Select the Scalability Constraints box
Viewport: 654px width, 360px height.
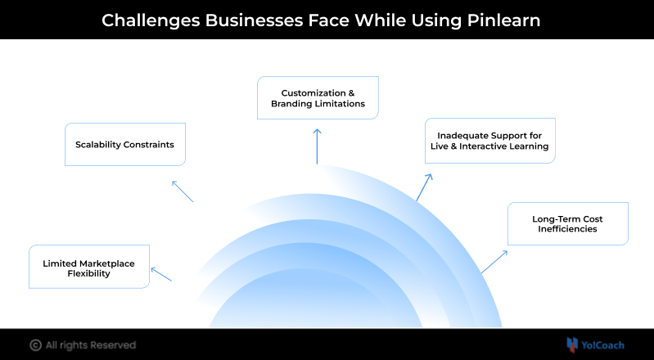coord(125,145)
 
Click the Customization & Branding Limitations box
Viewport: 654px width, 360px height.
coord(318,98)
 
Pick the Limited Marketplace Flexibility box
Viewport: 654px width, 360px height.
coord(89,267)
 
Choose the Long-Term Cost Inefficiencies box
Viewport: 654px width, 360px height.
coord(568,223)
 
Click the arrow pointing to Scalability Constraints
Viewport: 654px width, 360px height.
coord(182,191)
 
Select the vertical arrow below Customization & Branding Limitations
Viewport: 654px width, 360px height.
coord(317,146)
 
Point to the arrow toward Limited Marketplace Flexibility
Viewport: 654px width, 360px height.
coord(161,274)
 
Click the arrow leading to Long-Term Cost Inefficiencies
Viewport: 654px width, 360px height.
coord(494,262)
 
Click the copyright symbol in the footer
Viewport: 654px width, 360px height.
coord(35,344)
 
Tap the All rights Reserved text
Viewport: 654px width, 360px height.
coord(91,344)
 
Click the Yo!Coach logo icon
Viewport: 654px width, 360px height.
coord(572,344)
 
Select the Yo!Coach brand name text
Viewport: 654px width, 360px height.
coord(604,344)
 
